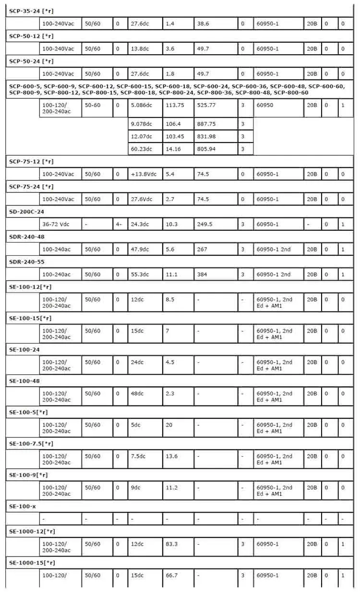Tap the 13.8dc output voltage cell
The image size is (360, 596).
pyautogui.click(x=140, y=48)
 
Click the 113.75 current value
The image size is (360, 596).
pyautogui.click(x=175, y=105)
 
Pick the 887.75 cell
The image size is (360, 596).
pyautogui.click(x=206, y=124)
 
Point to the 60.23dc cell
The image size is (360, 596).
pyautogui.click(x=141, y=149)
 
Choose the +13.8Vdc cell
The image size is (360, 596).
pyautogui.click(x=143, y=174)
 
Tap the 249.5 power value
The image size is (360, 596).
pyautogui.click(x=205, y=224)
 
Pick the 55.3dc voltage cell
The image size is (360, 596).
pyautogui.click(x=140, y=274)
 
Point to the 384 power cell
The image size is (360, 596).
pyautogui.click(x=202, y=274)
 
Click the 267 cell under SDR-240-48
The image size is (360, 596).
pyautogui.click(x=202, y=249)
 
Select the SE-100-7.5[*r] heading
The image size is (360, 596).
pyautogui.click(x=31, y=443)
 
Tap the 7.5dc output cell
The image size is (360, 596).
pyautogui.click(x=138, y=456)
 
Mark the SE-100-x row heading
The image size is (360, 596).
pyautogui.click(x=23, y=506)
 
